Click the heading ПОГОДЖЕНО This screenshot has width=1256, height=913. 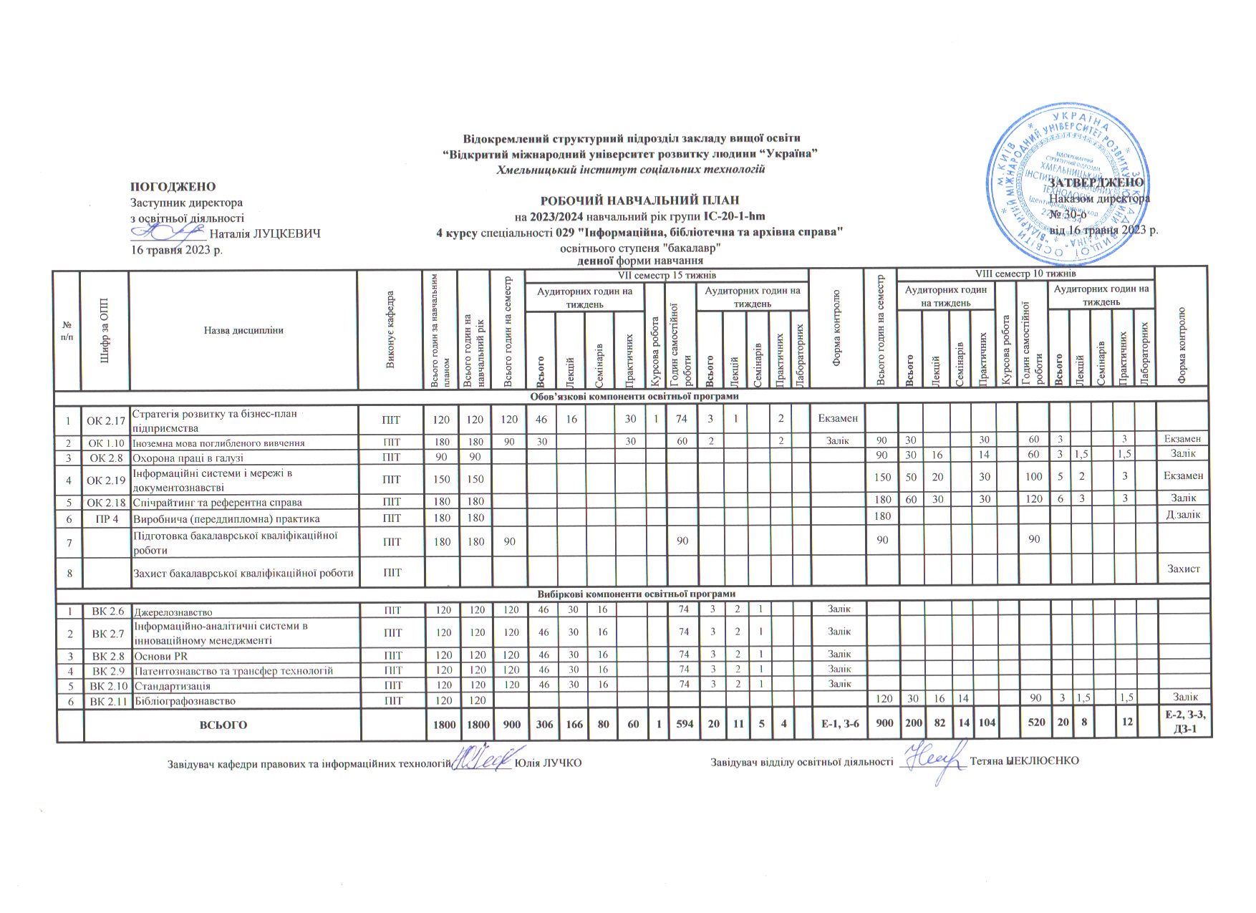tap(173, 187)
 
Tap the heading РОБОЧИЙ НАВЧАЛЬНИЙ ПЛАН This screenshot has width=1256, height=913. tap(639, 201)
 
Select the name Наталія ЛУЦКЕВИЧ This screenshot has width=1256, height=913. tap(265, 233)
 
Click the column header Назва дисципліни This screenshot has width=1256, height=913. tap(243, 330)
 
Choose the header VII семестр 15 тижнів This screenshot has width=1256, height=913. tap(667, 275)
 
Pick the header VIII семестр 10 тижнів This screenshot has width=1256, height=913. tap(1025, 274)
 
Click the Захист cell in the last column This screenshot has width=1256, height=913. tap(1183, 569)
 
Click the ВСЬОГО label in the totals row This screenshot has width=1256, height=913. tap(223, 725)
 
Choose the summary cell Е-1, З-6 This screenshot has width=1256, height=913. tap(836, 725)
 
